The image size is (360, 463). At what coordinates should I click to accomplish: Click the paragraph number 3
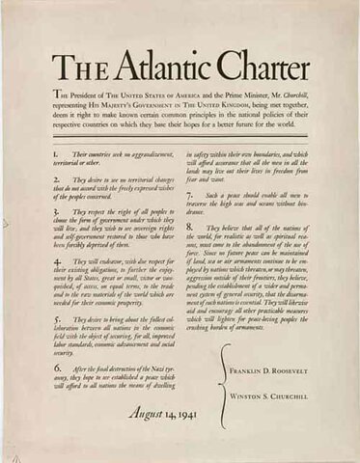pos(57,210)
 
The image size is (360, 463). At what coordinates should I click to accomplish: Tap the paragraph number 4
pos(57,260)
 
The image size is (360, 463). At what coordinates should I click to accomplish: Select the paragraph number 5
pos(57,317)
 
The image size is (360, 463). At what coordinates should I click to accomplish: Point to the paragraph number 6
pos(57,368)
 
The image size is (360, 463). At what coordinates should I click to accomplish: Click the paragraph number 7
pos(189,195)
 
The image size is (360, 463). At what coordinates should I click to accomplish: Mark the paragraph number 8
pos(189,228)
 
